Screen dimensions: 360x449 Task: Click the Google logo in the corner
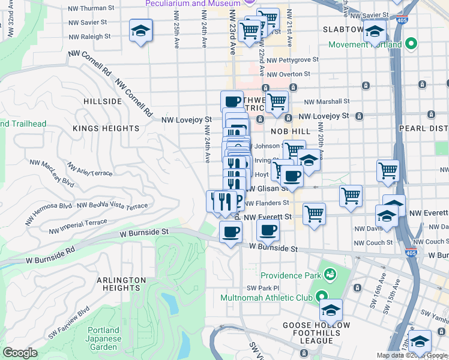point(20,353)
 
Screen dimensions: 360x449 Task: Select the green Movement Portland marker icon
point(411,44)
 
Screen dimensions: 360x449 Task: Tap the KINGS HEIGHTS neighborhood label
point(106,128)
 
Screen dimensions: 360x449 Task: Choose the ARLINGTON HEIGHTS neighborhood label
point(120,284)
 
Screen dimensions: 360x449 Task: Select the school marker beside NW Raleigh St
point(140,31)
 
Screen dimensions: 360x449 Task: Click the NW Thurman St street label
point(91,8)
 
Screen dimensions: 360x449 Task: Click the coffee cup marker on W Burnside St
point(231,232)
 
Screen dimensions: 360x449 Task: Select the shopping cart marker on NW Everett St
point(314,214)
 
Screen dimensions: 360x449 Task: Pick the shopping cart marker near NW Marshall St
point(277,102)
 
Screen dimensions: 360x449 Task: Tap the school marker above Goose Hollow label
point(330,310)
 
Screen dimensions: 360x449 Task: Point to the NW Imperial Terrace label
point(78,226)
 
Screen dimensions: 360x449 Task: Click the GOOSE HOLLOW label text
point(308,325)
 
